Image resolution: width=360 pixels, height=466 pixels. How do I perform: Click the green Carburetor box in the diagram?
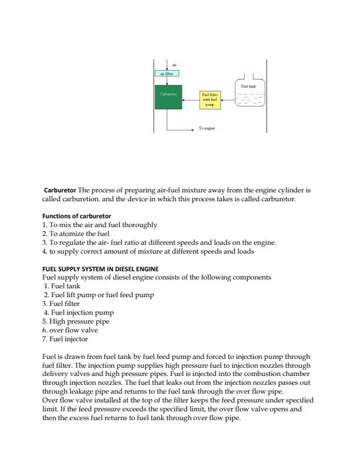[x=168, y=97]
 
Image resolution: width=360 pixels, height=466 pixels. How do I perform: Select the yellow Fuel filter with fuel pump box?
[x=209, y=101]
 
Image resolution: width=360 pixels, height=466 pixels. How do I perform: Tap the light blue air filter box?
[x=167, y=74]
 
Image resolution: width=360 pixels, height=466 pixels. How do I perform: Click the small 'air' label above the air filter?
[x=174, y=65]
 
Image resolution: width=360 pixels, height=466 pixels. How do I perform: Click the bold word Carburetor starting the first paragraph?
[x=61, y=191]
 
